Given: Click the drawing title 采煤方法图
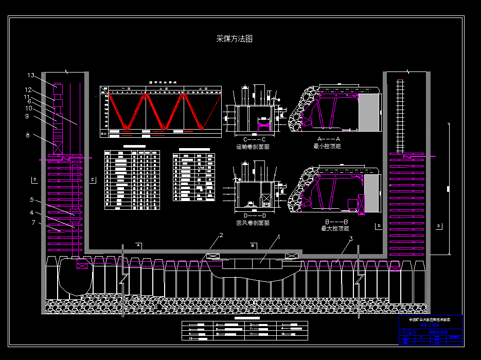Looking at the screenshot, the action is click(234, 39).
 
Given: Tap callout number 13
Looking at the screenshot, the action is click(31, 76).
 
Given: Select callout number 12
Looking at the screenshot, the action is click(29, 89).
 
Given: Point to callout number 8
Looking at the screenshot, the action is click(28, 135).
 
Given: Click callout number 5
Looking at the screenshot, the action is click(31, 200).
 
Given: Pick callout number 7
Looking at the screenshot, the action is click(33, 223).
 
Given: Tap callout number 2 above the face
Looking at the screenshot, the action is click(221, 236).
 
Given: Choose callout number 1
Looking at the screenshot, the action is click(279, 237).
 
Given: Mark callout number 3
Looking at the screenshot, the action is click(351, 239).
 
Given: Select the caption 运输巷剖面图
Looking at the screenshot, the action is click(253, 147).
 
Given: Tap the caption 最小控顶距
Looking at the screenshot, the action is click(327, 146).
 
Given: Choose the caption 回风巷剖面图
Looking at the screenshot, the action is click(253, 223).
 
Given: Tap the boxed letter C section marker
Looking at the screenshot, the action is click(93, 179).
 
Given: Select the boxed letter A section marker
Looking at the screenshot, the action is click(139, 246).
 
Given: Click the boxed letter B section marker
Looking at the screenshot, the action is click(254, 246).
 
